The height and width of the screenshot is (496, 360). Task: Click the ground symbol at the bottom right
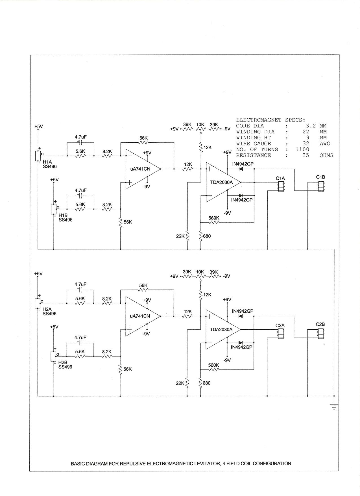tap(334, 407)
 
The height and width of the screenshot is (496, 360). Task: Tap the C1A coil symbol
tap(281, 187)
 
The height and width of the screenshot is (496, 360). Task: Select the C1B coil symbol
tap(321, 187)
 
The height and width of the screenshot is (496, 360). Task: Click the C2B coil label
tap(320, 324)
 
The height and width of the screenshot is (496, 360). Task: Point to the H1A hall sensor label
tap(47, 162)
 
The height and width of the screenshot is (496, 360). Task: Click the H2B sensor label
tap(63, 362)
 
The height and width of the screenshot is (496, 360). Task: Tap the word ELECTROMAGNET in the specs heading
tap(259, 120)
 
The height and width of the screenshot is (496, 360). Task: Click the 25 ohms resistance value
tap(306, 155)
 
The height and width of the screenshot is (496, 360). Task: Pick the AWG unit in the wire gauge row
tap(325, 143)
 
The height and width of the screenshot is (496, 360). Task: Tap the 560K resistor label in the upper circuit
tap(214, 218)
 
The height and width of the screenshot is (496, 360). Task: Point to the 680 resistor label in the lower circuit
tap(207, 383)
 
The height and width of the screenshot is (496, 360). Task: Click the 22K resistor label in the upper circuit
tap(180, 236)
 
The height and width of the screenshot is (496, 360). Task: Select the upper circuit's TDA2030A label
tap(221, 182)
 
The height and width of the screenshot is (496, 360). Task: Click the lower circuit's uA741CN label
tap(140, 316)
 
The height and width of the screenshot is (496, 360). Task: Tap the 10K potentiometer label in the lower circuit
tap(200, 272)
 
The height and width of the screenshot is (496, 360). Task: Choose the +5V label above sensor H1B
tap(54, 180)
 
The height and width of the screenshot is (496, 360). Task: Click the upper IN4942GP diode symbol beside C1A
tap(241, 169)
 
